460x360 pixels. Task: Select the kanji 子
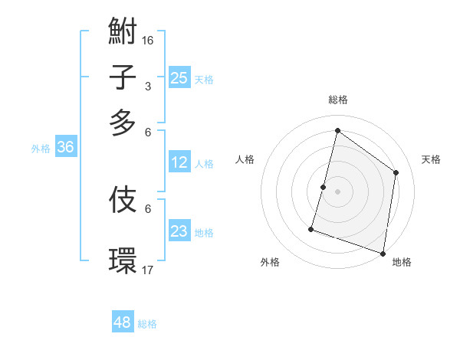(x=123, y=78)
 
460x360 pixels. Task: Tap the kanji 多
(x=123, y=123)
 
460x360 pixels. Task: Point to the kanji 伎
(x=123, y=200)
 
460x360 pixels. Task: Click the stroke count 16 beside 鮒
(x=148, y=40)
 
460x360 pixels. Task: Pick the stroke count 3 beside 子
(x=148, y=86)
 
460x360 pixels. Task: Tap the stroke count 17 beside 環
(x=148, y=270)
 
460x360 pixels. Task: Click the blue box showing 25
(x=179, y=77)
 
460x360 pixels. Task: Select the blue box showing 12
(x=179, y=162)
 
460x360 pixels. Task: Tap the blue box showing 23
(x=179, y=231)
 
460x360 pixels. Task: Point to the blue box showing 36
(x=65, y=148)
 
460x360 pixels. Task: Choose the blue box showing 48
(x=123, y=322)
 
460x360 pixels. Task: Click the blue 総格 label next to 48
(x=147, y=324)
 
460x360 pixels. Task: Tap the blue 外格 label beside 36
(x=41, y=149)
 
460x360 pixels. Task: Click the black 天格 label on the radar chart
(x=431, y=159)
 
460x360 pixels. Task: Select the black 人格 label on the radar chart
(x=245, y=159)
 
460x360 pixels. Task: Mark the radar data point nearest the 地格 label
(x=383, y=253)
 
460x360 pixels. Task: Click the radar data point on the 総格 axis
(x=337, y=131)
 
